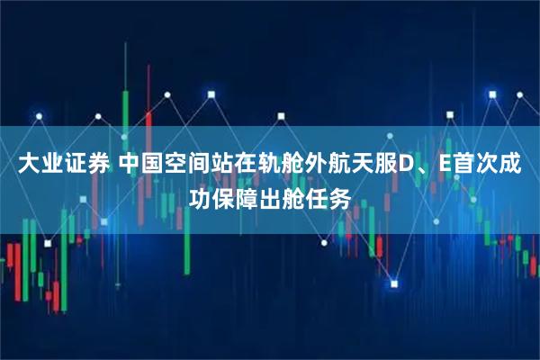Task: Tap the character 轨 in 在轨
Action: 274,165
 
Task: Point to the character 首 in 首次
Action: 466,165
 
